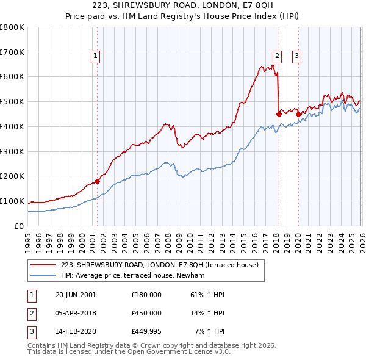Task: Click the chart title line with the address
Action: pos(182,6)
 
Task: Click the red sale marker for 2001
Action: pos(98,181)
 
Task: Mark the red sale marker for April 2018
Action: pos(278,113)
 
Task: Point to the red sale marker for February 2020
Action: pos(298,113)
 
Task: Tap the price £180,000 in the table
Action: pos(146,295)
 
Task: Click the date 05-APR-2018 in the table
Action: pos(76,312)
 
